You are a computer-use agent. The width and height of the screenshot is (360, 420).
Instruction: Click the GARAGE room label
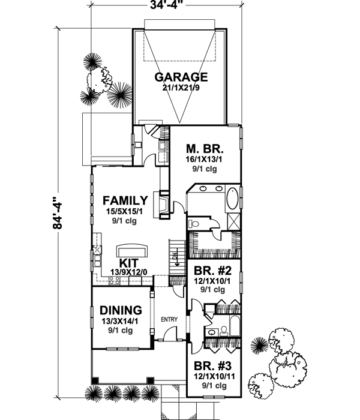point(181,77)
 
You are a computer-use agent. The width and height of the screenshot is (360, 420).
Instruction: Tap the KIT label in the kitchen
point(130,263)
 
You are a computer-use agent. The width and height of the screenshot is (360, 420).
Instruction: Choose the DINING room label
point(121,310)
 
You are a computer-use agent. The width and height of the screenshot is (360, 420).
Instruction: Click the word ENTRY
point(169,320)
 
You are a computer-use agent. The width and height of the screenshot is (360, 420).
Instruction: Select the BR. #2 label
point(209,269)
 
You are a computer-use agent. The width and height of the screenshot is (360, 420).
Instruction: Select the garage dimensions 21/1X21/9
point(181,88)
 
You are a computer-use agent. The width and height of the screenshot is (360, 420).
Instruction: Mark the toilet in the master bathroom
point(193,223)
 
